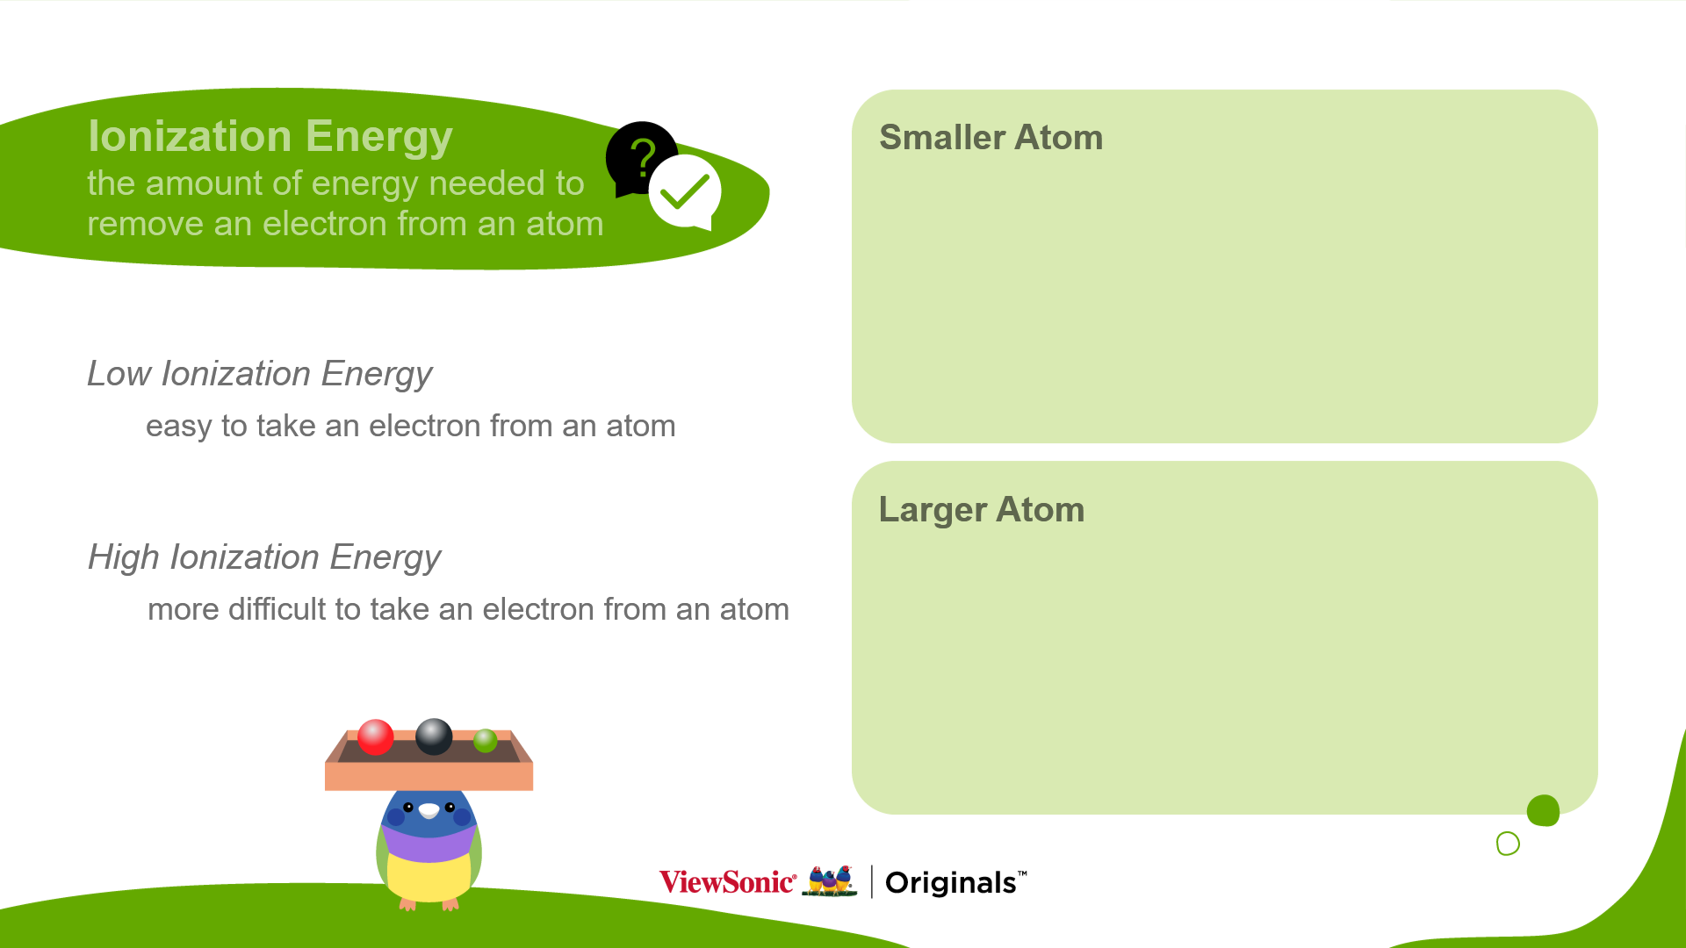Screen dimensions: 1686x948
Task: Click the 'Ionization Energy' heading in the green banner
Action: (270, 137)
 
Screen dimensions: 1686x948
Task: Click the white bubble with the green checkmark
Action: (686, 192)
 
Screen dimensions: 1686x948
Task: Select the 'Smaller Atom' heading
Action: (991, 138)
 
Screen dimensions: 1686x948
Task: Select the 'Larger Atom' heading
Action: (982, 510)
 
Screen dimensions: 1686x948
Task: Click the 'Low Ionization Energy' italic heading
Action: (260, 375)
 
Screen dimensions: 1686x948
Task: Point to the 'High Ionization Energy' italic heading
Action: (264, 558)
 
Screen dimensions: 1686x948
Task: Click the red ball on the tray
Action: (376, 737)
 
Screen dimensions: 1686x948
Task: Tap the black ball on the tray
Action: (434, 736)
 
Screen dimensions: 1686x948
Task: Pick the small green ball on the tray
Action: (485, 741)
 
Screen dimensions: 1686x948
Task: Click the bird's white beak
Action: (429, 810)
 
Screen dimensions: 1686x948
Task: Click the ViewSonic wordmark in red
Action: (727, 882)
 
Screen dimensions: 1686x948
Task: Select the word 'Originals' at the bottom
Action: (950, 883)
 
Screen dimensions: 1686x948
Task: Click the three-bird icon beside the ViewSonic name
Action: (830, 881)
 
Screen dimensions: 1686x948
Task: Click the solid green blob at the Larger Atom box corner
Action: (1543, 811)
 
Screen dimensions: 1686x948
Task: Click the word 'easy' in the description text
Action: (179, 427)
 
